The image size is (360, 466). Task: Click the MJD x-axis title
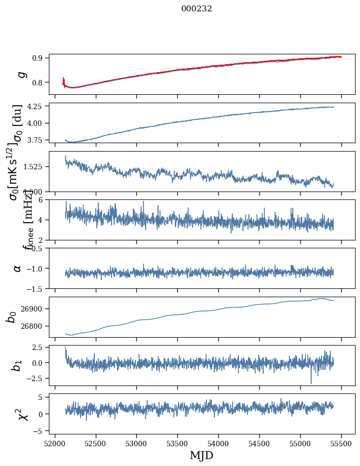click(x=201, y=455)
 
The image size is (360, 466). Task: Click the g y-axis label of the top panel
click(x=21, y=74)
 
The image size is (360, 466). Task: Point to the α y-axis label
click(x=18, y=268)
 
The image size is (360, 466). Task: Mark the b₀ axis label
click(x=11, y=317)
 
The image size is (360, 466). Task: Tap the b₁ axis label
click(x=17, y=365)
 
